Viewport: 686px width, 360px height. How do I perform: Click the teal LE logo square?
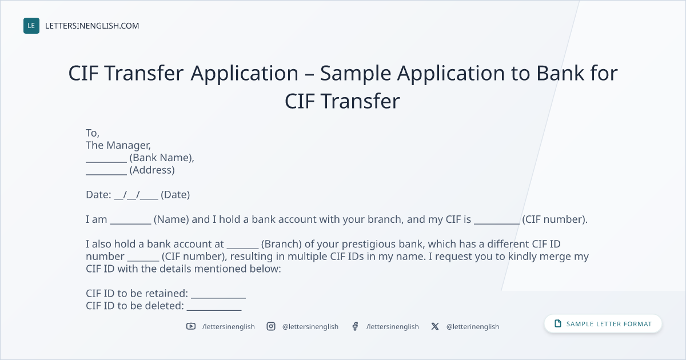31,26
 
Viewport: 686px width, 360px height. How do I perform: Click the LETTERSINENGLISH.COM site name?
92,26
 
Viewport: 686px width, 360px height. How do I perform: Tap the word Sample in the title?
356,74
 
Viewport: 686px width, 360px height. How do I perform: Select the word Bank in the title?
560,73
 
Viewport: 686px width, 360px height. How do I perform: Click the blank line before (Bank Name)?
106,162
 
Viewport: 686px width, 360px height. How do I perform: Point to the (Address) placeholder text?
152,170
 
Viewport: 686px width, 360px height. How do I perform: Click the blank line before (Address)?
106,174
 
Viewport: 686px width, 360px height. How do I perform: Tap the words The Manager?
118,145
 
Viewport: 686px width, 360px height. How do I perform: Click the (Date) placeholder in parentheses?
175,195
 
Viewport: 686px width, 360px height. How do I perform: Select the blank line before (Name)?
130,224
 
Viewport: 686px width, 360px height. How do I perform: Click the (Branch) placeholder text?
281,244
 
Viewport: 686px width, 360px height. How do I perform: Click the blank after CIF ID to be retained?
218,298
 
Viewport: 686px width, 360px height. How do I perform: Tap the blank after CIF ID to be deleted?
214,310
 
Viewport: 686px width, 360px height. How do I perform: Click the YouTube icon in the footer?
191,326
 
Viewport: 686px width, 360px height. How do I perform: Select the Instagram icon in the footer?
271,326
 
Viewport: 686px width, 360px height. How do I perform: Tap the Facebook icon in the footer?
355,326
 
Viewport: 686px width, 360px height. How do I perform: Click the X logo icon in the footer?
435,326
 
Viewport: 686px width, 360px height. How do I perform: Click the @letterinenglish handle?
473,327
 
